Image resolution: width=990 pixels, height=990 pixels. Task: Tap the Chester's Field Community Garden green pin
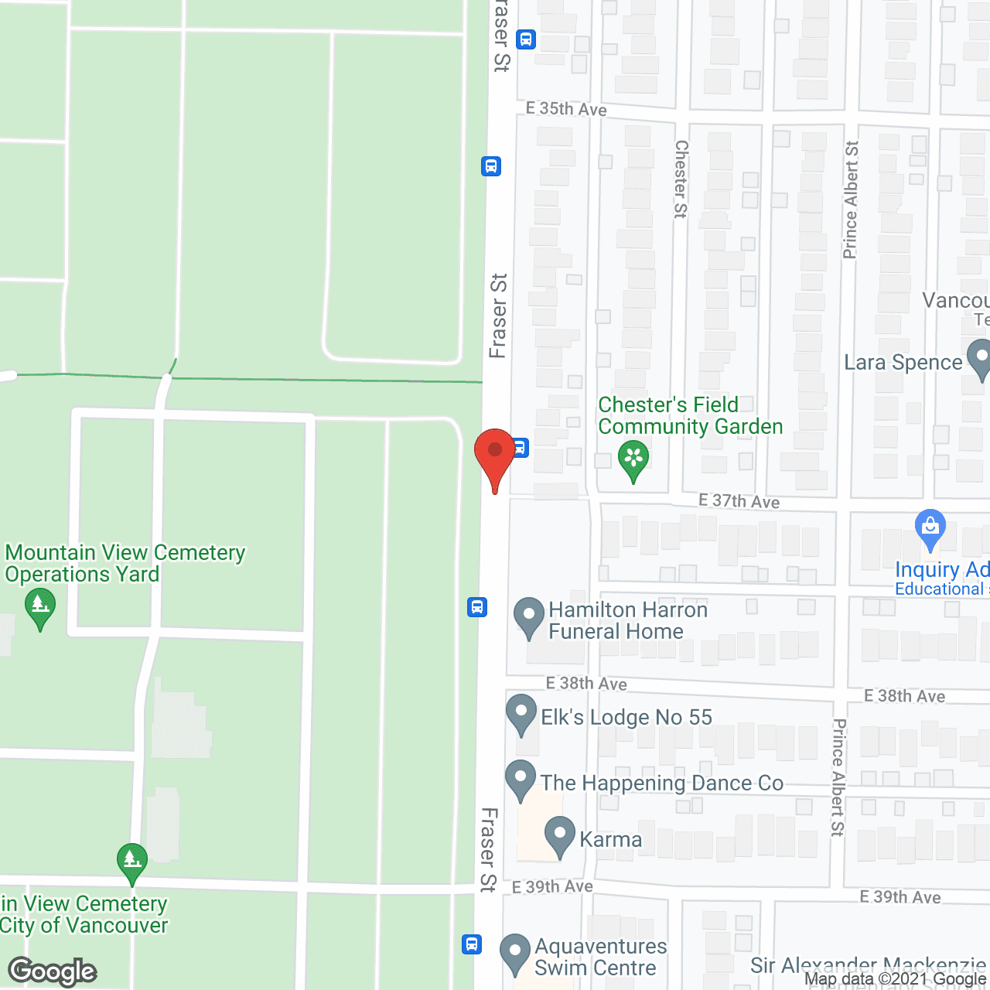click(633, 459)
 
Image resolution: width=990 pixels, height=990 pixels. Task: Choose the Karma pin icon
click(560, 836)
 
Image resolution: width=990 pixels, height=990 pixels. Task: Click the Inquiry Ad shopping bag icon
click(930, 528)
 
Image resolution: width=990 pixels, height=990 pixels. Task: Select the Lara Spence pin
click(980, 359)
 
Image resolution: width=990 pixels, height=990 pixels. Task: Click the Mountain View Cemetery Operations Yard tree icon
click(40, 607)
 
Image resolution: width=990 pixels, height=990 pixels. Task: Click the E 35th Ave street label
click(566, 109)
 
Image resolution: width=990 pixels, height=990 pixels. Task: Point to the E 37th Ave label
click(739, 501)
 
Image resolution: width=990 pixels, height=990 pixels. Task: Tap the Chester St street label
click(681, 179)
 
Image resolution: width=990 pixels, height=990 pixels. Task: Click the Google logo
click(53, 971)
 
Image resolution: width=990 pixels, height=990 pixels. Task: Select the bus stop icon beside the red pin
click(521, 447)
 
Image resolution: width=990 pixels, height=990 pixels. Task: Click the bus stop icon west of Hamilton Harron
click(477, 607)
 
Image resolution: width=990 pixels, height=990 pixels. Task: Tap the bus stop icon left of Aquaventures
click(472, 944)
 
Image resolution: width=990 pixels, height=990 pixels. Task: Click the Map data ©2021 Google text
click(896, 979)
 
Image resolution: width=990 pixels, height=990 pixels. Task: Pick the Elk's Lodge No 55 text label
click(626, 718)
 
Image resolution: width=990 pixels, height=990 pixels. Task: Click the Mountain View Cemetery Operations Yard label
click(125, 563)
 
